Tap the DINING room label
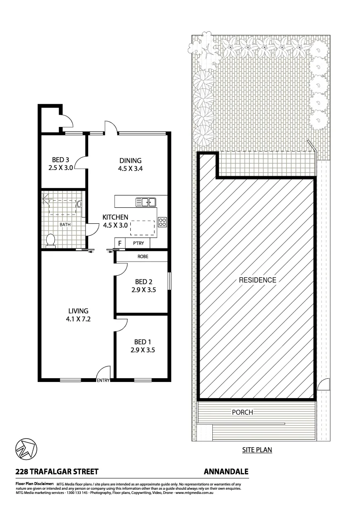[130, 160]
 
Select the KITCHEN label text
[116, 217]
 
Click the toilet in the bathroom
[50, 240]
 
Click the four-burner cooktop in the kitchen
[163, 222]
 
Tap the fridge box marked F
[120, 244]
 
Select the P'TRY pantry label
[138, 244]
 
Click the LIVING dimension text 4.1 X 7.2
[78, 319]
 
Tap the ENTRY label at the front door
[103, 381]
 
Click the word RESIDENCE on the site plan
[257, 280]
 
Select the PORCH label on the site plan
[243, 412]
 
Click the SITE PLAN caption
[257, 450]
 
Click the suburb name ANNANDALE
[226, 471]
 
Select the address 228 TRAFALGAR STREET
[57, 471]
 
